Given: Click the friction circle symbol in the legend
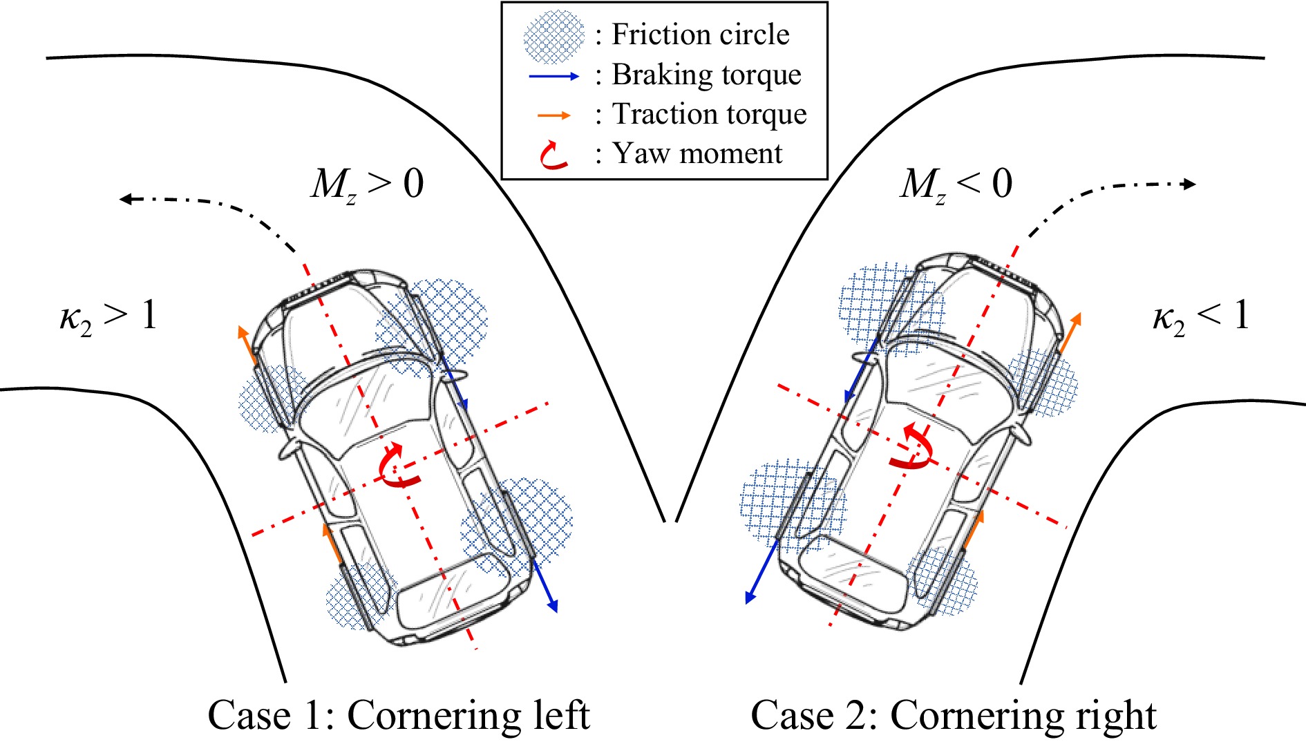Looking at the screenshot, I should (x=554, y=36).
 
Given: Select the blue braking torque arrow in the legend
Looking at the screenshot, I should (x=553, y=76).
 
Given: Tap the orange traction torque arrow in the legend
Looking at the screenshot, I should (x=554, y=115).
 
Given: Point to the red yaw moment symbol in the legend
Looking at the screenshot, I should (x=553, y=155).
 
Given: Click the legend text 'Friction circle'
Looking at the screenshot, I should (x=700, y=35).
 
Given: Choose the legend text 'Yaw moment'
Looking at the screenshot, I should (x=697, y=153).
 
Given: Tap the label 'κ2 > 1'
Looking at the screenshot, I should (x=108, y=317).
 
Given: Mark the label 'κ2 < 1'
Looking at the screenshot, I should (x=1201, y=317).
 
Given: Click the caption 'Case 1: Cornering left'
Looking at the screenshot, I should (x=399, y=715).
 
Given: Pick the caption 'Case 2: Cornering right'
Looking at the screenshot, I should (x=953, y=715).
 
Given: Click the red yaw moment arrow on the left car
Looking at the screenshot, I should (x=397, y=466).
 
